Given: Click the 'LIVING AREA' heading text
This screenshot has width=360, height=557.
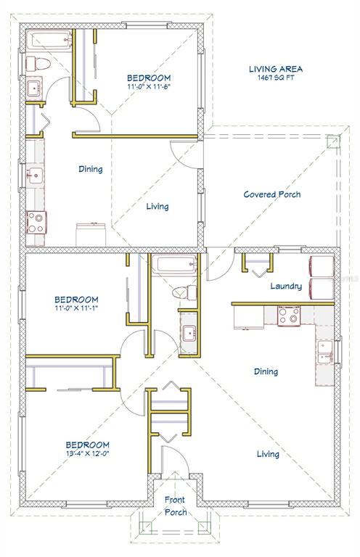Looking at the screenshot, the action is pos(275,69).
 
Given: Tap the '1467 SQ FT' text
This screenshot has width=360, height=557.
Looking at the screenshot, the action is pos(276,78).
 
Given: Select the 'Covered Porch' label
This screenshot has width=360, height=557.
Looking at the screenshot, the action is pos(272,194).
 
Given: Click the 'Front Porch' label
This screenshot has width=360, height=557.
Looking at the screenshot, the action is pos(175,506).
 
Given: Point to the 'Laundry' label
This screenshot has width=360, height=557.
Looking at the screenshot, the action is pos(286,286).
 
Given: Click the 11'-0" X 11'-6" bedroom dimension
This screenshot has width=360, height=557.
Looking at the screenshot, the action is pos(149,86).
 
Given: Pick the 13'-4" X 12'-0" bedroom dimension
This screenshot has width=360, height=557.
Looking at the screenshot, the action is pos(87,453).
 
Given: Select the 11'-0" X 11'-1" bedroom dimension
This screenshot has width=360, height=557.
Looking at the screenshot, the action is pos(76,308).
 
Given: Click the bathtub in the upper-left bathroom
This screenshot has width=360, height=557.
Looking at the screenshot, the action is pos(50,40).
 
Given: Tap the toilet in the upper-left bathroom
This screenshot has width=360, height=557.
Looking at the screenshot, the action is pos(38,64).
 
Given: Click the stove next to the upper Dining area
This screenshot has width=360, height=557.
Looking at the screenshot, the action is pos(36,223).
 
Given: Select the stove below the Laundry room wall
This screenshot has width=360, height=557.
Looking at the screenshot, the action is pos(289,316).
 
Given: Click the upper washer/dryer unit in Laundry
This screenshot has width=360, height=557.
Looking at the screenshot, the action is pos(322,267).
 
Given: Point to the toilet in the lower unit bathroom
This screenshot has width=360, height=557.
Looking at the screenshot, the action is pos(184,293).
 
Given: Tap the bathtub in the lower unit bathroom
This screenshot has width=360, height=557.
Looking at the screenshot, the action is pos(174,264).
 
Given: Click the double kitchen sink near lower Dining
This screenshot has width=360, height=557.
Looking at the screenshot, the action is pos(325,352).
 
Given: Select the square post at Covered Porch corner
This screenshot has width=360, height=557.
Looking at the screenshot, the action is pos(333,142).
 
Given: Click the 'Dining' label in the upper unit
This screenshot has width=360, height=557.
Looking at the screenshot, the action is pos(91,169).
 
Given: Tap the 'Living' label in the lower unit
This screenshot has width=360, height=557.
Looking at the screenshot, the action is pos(268,454).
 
